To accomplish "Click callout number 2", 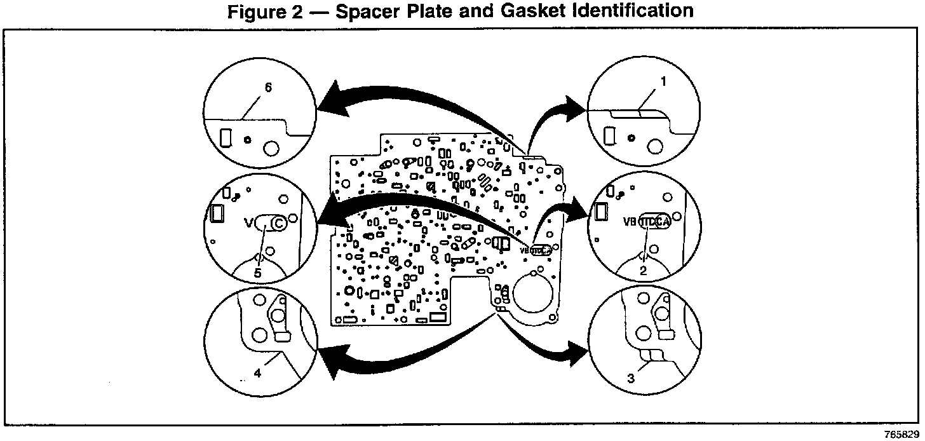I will tap(644, 269).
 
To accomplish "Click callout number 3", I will tap(631, 379).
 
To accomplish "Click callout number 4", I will tap(257, 374).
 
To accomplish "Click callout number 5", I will tap(257, 272).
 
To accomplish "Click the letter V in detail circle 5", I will tap(248, 223).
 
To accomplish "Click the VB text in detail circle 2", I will tap(630, 222).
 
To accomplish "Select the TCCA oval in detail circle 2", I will tap(654, 222).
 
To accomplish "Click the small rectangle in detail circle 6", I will tap(224, 137).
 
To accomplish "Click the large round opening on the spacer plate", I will tap(532, 292).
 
